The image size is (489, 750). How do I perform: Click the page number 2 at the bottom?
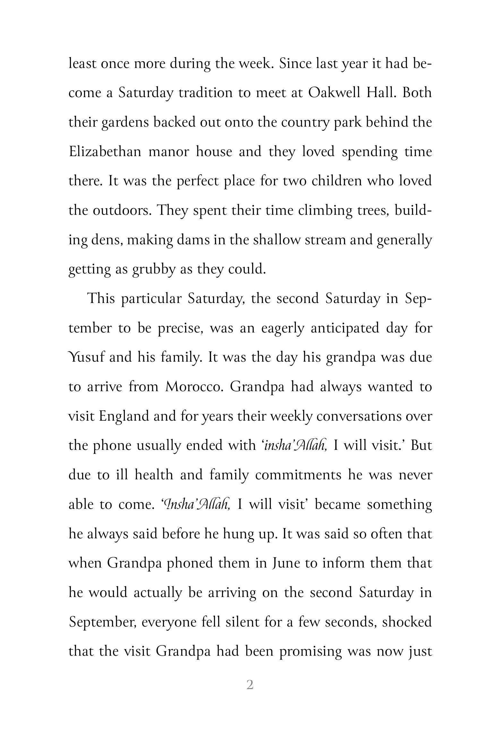[x=250, y=685]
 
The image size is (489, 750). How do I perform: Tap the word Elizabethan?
[x=105, y=151]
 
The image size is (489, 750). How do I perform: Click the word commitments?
[x=298, y=475]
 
